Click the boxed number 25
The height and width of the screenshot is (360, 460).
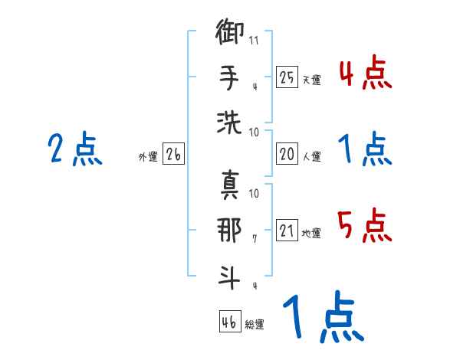pyautogui.click(x=287, y=77)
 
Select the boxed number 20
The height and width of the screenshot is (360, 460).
pyautogui.click(x=287, y=155)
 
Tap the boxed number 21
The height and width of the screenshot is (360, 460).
pyautogui.click(x=287, y=231)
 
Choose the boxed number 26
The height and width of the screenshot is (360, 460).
pyautogui.click(x=173, y=155)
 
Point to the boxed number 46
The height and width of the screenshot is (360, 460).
pyautogui.click(x=228, y=322)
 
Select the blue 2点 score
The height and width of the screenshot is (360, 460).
pyautogui.click(x=75, y=149)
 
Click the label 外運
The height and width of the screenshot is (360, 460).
pyautogui.click(x=147, y=157)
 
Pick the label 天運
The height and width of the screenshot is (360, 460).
pyautogui.click(x=310, y=80)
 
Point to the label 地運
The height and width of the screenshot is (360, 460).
pyautogui.click(x=310, y=233)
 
